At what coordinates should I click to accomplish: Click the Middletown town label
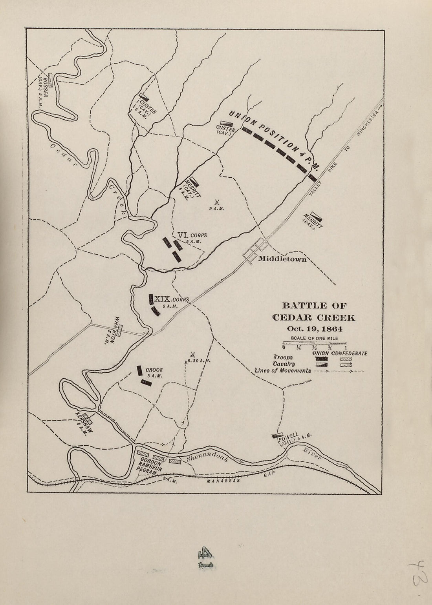point(282,259)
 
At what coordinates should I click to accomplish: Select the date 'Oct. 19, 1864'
point(314,329)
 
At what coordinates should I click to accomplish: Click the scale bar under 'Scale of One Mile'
point(314,343)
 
